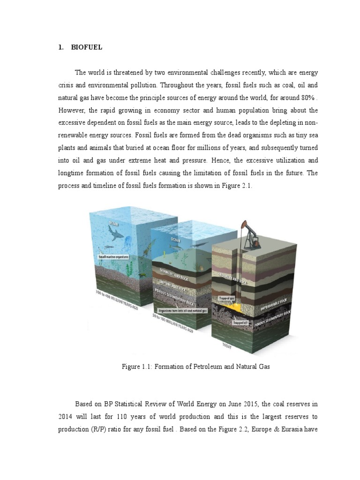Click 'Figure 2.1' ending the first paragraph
click(x=238, y=185)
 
